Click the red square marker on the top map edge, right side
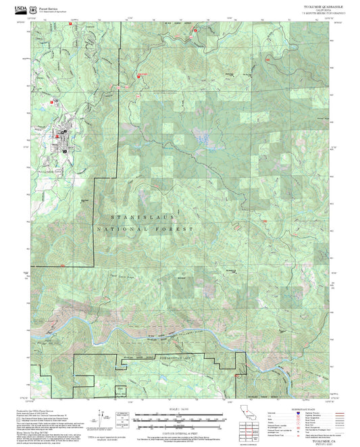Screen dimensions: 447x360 pyautogui.click(x=196, y=30)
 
